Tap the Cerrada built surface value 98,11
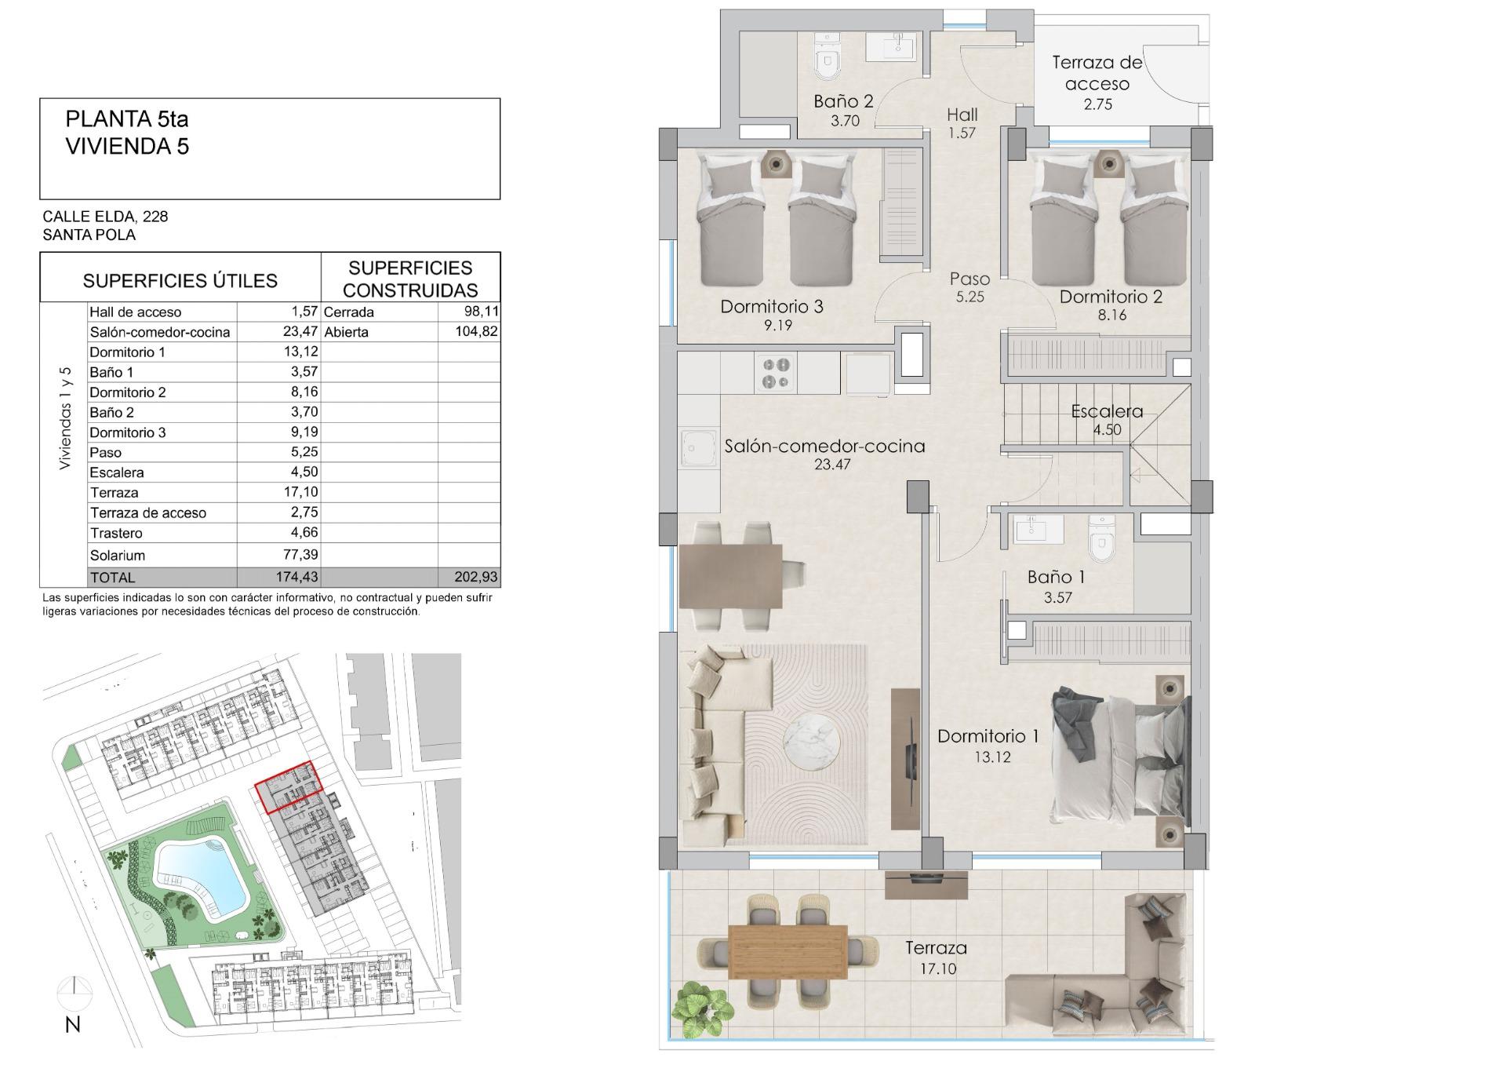481,312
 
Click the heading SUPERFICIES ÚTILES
180,280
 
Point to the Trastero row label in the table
116,533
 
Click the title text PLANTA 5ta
127,119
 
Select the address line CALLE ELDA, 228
105,216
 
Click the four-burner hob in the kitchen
777,373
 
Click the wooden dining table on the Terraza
788,950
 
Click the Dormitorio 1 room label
988,735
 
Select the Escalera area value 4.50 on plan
1107,429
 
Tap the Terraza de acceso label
1097,73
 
